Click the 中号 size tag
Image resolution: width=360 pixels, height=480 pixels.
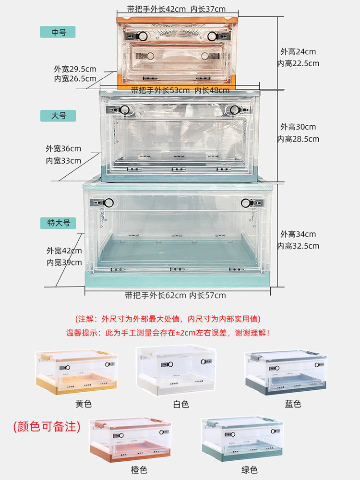[59, 32]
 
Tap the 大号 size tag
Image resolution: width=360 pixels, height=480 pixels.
[59, 116]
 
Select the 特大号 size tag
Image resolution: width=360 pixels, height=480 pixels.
[59, 223]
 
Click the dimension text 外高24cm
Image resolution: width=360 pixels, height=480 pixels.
[298, 52]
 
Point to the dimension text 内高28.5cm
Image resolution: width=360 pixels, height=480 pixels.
[298, 139]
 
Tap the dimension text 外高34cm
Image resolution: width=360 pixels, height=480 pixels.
[298, 234]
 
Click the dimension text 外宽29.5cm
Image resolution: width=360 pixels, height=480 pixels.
[75, 69]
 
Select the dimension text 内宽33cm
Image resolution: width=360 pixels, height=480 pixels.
[64, 161]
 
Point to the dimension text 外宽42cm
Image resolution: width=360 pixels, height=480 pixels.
[64, 251]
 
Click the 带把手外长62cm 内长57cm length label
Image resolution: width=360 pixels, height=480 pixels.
[175, 295]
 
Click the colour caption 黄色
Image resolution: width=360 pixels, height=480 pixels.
[84, 404]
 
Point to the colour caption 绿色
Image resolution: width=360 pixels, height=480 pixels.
[249, 470]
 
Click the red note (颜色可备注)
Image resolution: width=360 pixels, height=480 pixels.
[47, 426]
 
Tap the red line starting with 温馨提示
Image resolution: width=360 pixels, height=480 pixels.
[168, 332]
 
